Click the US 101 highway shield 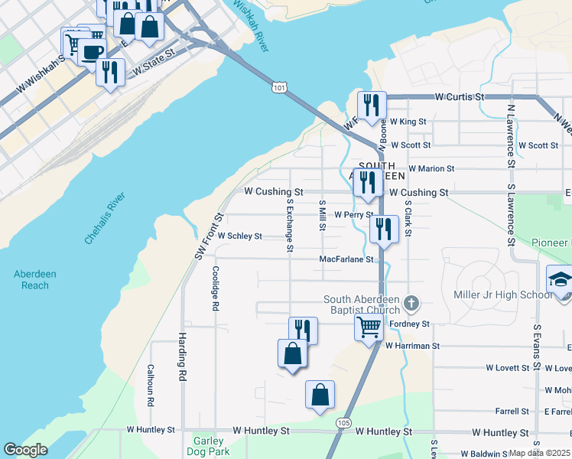point(279,89)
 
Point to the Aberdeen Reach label point(31,280)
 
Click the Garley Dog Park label point(207,446)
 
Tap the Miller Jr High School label point(502,295)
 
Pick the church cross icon point(412,304)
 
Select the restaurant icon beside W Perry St point(384,229)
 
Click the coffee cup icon point(92,52)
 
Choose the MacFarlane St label point(346,259)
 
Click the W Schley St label point(240,236)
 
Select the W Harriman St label point(413,346)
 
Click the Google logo point(25,450)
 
